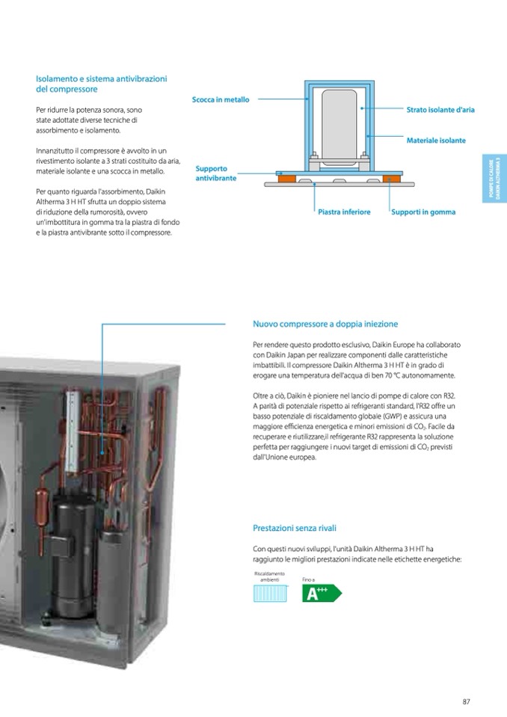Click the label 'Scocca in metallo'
pyautogui.click(x=220, y=99)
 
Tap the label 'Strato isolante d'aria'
pyautogui.click(x=440, y=110)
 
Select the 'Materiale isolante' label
pyautogui.click(x=436, y=141)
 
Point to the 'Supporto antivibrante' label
pyautogui.click(x=216, y=173)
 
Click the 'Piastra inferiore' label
pyautogui.click(x=344, y=212)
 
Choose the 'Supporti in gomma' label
pyautogui.click(x=424, y=212)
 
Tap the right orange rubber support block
pyautogui.click(x=392, y=178)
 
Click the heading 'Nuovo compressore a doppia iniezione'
pyautogui.click(x=325, y=324)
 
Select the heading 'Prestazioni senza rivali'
pyautogui.click(x=294, y=528)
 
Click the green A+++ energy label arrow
pyautogui.click(x=321, y=594)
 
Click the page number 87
pyautogui.click(x=466, y=701)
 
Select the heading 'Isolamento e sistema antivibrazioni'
pyautogui.click(x=102, y=79)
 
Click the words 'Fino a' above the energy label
pyautogui.click(x=309, y=579)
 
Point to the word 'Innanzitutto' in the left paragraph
pyautogui.click(x=55, y=151)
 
